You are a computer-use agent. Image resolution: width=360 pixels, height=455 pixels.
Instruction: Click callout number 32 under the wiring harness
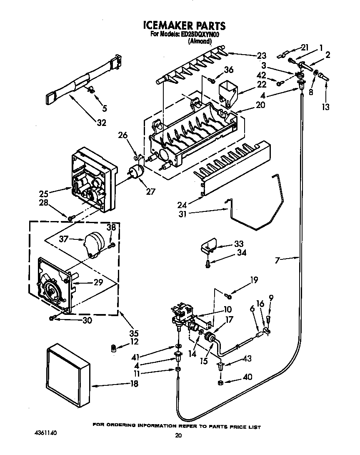pyautogui.click(x=101, y=123)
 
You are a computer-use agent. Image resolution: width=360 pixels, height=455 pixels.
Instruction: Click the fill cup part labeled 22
pyautogui.click(x=227, y=90)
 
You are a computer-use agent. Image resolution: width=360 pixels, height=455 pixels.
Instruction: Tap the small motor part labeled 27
pyautogui.click(x=135, y=171)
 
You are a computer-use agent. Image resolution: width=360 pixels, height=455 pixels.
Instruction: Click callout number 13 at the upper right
pyautogui.click(x=325, y=107)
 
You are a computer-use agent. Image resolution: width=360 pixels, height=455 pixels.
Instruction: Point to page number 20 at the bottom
pyautogui.click(x=178, y=436)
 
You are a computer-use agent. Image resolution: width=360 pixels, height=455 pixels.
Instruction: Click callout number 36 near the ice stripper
pyautogui.click(x=229, y=70)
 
